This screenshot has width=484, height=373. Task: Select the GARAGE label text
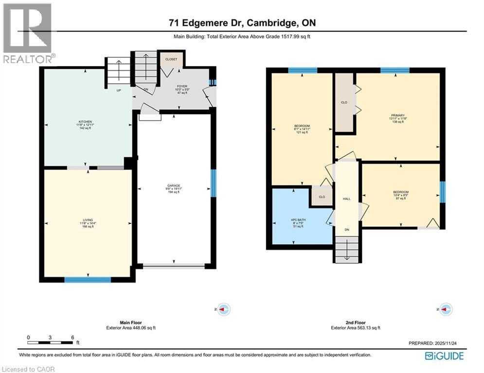pos(174,186)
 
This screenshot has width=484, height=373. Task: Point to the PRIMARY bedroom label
pos(397,116)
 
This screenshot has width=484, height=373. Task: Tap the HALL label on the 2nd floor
pos(347,199)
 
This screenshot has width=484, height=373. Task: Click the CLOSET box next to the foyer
pos(171,59)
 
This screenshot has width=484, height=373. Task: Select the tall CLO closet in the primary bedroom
pos(343,102)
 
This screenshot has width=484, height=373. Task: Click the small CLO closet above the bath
pos(322,197)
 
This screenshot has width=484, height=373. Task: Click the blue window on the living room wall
pos(88,279)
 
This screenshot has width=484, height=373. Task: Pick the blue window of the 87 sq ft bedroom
pos(442,191)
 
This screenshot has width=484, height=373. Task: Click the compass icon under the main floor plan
pos(223,309)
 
